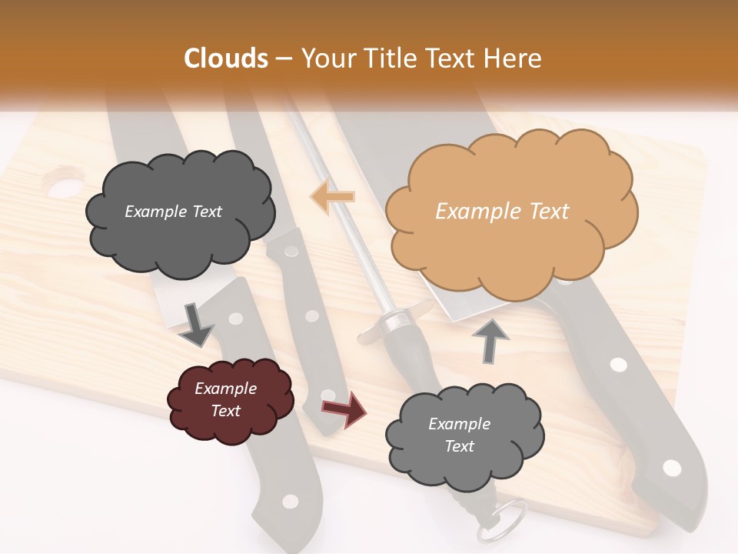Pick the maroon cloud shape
[x=230, y=400]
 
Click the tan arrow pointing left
[x=333, y=196]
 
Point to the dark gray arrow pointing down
[x=197, y=324]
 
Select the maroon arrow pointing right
[x=344, y=409]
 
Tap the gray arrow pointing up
[x=491, y=340]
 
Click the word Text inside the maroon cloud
[x=226, y=411]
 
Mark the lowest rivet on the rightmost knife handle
[x=672, y=467]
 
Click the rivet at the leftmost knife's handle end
[x=290, y=502]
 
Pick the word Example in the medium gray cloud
[x=459, y=424]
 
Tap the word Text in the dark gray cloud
[x=205, y=212]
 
